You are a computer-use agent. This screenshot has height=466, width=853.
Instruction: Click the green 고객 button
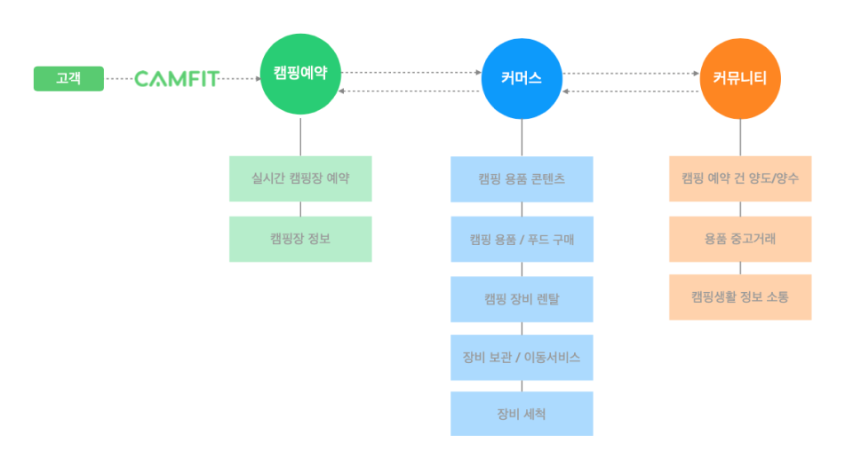coord(68,79)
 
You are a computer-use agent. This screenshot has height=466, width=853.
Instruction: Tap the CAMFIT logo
coord(176,79)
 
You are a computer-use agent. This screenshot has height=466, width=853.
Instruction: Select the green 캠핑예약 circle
coord(300,75)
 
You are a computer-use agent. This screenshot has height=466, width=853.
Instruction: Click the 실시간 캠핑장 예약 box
coord(300,178)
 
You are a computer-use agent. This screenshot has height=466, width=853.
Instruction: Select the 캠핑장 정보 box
coord(300,239)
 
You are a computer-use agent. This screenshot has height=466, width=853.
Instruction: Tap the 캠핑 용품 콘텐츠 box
coord(522,179)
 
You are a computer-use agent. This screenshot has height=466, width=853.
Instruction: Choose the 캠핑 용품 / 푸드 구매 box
coord(522,240)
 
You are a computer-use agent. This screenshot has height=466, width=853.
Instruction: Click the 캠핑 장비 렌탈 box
coord(522,299)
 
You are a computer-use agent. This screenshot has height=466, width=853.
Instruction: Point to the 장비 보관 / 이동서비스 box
coord(522,358)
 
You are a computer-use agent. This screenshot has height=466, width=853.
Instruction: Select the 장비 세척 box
coord(522,414)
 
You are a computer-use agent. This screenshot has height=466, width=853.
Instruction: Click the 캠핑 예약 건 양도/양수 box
coord(740,178)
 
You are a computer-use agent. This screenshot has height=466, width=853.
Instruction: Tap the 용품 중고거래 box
coord(740,239)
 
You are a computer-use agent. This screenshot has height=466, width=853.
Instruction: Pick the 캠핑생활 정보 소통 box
coord(740,297)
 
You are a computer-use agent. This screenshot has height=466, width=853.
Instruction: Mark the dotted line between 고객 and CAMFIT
coord(118,79)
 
